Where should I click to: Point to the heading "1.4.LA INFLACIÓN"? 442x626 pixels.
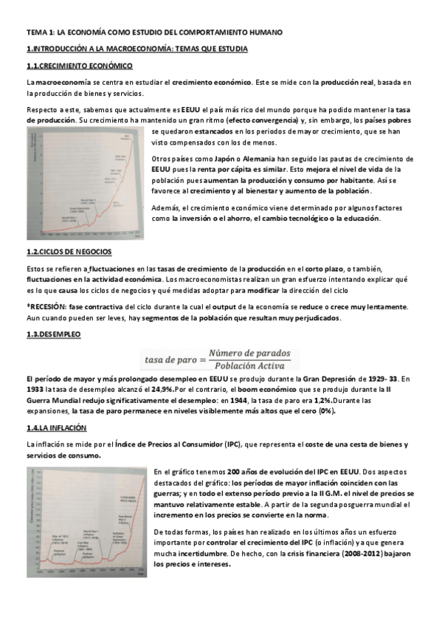pyautogui.click(x=56, y=427)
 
